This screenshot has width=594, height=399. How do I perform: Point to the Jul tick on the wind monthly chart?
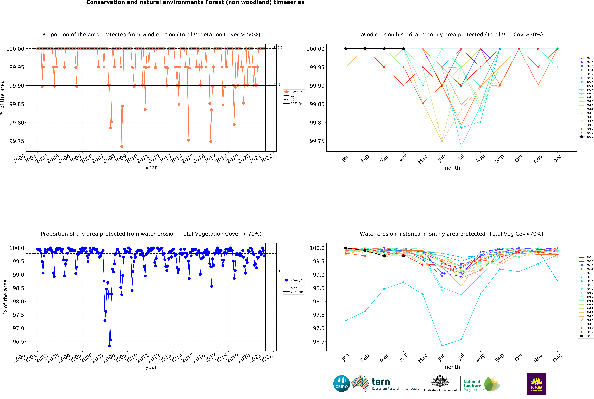pyautogui.click(x=461, y=158)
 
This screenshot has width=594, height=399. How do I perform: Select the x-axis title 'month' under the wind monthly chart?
pyautogui.click(x=451, y=168)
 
